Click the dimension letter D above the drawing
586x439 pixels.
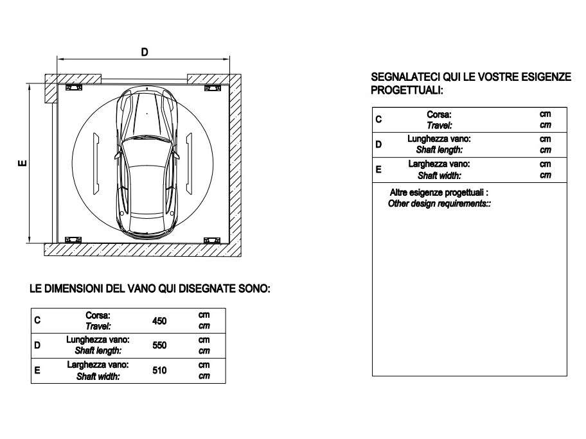point(145,52)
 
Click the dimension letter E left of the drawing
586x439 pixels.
point(22,164)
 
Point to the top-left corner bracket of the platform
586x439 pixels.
point(74,87)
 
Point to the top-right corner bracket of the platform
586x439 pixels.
point(213,87)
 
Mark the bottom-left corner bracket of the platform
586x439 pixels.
point(74,239)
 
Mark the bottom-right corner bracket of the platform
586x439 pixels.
point(212,240)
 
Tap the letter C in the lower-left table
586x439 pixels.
point(37,321)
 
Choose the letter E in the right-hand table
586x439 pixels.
point(378,169)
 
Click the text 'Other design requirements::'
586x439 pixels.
point(440,203)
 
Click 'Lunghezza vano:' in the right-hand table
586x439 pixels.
point(440,139)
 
